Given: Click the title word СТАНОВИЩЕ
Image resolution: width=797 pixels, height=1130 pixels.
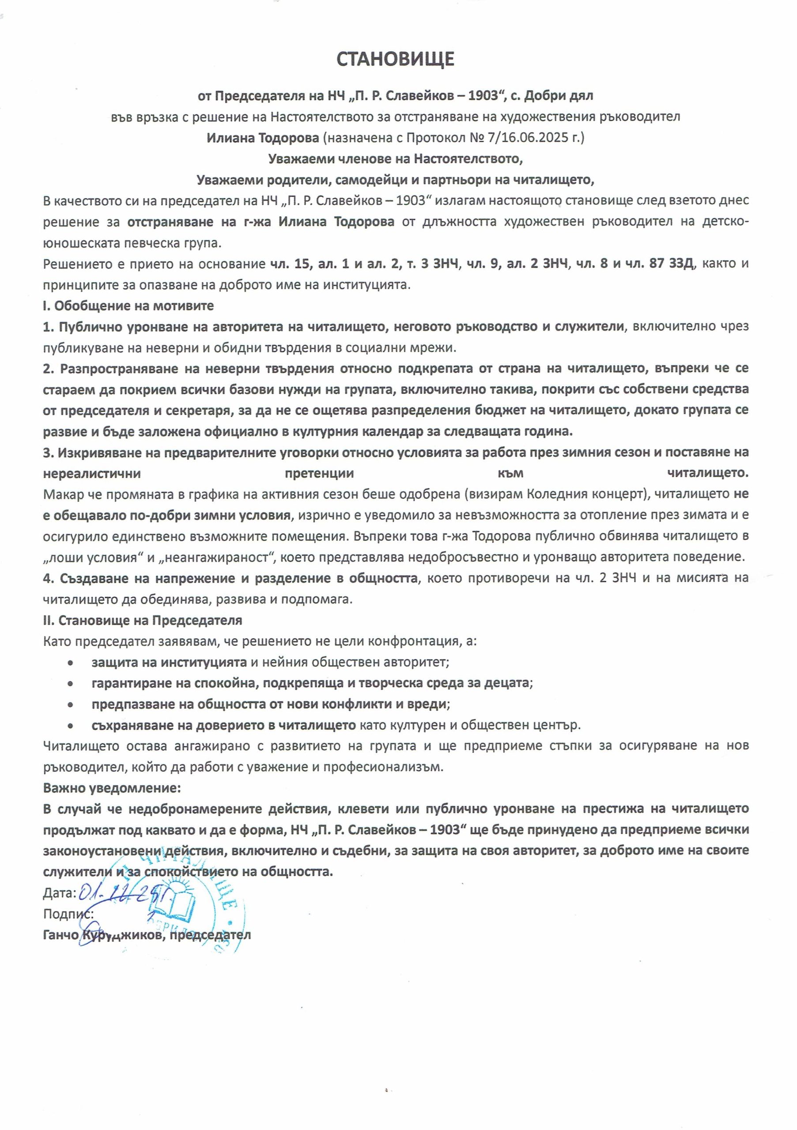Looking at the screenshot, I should pos(395,59).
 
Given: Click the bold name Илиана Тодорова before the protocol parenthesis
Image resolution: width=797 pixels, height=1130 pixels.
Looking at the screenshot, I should pos(263,138).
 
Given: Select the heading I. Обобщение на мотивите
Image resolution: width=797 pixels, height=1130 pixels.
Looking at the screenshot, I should pos(128,305).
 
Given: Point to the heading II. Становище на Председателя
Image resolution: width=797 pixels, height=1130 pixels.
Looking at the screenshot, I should pos(143,620).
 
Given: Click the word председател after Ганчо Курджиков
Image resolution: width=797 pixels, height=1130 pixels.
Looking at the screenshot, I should pos(210,934).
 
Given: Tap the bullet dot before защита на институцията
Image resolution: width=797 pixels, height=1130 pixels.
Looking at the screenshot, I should pos(72,663).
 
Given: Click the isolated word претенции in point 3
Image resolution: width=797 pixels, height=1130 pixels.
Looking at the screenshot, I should pos(320,474).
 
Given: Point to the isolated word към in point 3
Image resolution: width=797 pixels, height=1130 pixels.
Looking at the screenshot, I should pos(510,474).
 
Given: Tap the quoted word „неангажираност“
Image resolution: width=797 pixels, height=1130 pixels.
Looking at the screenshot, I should pos(220,557).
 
